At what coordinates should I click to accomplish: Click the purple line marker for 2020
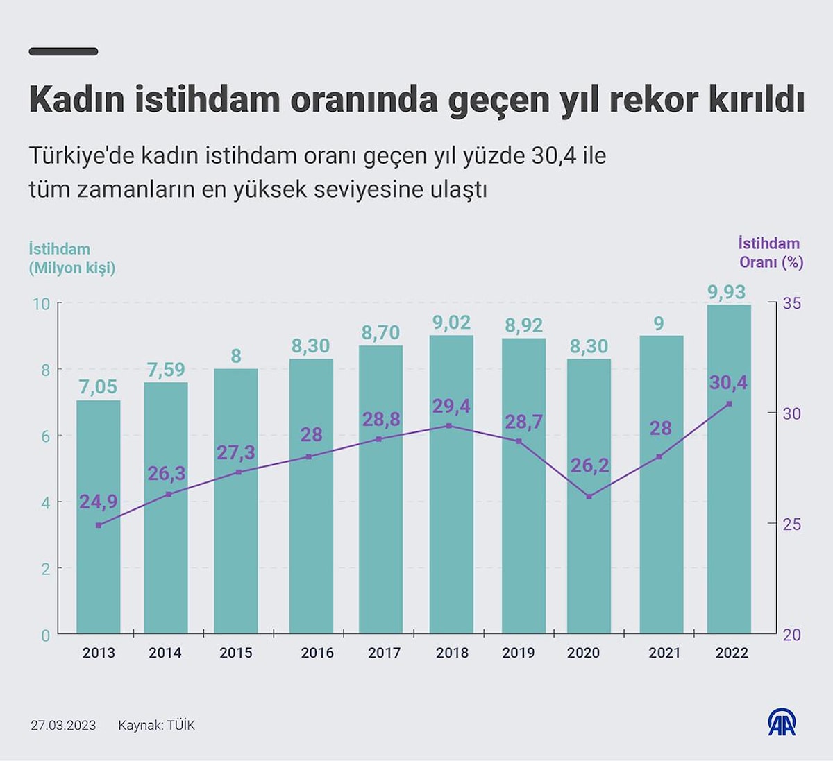(x=589, y=497)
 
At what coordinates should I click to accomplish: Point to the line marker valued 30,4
(x=729, y=404)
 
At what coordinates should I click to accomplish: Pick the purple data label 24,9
(x=98, y=502)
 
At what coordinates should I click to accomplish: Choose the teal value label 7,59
(x=166, y=370)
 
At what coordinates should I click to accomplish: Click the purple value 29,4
(x=451, y=406)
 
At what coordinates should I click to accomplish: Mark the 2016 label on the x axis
(x=317, y=653)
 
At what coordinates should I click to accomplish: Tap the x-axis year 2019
(x=519, y=653)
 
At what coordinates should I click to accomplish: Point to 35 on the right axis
(x=791, y=303)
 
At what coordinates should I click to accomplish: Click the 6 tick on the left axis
(x=46, y=436)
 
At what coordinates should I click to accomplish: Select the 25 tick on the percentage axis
(x=791, y=524)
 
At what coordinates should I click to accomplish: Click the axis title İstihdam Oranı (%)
(x=770, y=253)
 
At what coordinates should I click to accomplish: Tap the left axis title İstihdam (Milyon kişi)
(x=71, y=258)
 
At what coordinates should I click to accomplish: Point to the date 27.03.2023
(x=63, y=726)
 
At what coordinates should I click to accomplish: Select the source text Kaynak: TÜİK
(x=156, y=726)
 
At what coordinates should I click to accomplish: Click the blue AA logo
(x=782, y=722)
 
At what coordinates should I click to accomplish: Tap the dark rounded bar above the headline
(x=63, y=51)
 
